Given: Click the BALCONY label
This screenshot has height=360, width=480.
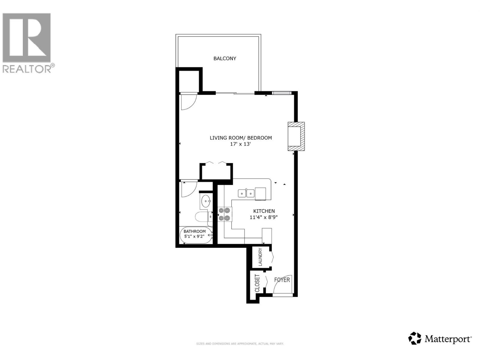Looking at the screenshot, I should pos(225,58).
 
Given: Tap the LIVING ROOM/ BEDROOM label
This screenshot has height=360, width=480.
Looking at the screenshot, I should pos(241,138).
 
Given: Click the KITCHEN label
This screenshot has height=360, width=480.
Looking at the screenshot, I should pos(264,211).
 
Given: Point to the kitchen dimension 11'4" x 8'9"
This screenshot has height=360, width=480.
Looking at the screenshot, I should pos(264,217).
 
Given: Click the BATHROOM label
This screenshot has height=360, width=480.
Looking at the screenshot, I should pos(195,231).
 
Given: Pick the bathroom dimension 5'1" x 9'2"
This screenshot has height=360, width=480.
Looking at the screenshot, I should pos(194,236).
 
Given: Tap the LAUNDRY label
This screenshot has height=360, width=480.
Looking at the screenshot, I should pos(260,257).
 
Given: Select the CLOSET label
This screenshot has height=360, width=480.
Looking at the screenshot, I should pos(257,283).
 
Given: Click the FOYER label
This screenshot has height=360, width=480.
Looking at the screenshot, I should pos(282,280).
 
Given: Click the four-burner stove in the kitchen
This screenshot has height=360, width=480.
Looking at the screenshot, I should pos(224,214).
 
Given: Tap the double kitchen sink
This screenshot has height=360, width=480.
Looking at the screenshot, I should pos(246,193).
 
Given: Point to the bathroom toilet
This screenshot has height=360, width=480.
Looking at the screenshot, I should pos(202,217).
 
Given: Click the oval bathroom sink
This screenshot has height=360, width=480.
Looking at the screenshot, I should pos(206,201).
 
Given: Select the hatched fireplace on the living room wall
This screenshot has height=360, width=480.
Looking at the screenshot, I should pos(296,136).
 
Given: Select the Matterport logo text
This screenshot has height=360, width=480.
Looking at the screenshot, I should pos(440,339).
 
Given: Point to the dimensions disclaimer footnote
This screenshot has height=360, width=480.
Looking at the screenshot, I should pos(240,344).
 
